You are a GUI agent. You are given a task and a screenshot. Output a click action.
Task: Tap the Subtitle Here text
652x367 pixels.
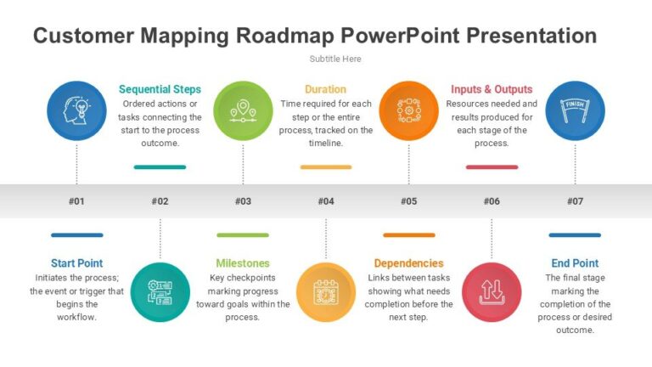pos(335,59)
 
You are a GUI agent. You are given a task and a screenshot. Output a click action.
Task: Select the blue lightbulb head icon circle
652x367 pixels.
pos(77,110)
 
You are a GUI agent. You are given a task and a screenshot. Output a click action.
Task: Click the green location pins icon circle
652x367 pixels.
pos(243,110)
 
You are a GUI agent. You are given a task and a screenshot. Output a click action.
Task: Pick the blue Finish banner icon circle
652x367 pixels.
pos(575,110)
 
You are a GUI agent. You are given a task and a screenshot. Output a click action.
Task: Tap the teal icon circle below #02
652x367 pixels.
pos(160,291)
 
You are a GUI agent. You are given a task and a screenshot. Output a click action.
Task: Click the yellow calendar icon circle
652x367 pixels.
pos(326,291)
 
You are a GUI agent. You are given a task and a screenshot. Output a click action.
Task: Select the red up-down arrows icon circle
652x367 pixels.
pos(492,291)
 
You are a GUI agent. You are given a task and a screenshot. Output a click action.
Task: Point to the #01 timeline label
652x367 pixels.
pos(77,201)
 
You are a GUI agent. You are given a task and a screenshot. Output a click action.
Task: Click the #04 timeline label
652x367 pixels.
pos(326,201)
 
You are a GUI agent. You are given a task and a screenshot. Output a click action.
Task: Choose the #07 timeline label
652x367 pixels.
pos(575,201)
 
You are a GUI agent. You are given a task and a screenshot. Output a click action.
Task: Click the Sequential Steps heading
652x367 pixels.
pos(160,89)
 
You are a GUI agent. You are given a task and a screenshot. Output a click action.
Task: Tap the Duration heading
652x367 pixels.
pos(326,89)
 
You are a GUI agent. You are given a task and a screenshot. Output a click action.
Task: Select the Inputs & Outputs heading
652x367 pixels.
pos(492,89)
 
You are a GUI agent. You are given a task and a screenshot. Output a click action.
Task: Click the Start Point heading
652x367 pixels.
pos(77,263)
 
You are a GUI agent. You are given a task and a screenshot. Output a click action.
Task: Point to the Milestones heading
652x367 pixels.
pos(243,263)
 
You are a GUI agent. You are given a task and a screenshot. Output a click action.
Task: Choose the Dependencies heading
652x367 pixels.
pos(408,263)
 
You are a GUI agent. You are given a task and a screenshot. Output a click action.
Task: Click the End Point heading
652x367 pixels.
pos(575,263)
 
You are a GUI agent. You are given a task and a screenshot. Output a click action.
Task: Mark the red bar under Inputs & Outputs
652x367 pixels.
pos(492,167)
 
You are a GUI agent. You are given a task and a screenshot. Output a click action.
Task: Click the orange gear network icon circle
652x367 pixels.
pos(408,110)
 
